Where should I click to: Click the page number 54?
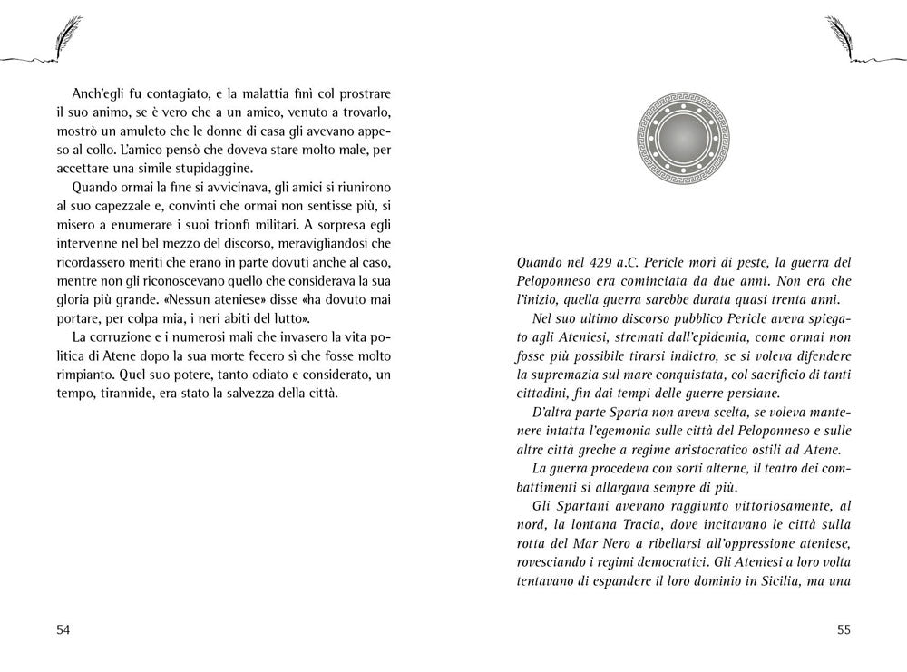[x=63, y=629]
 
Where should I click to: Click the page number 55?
[x=842, y=629]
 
